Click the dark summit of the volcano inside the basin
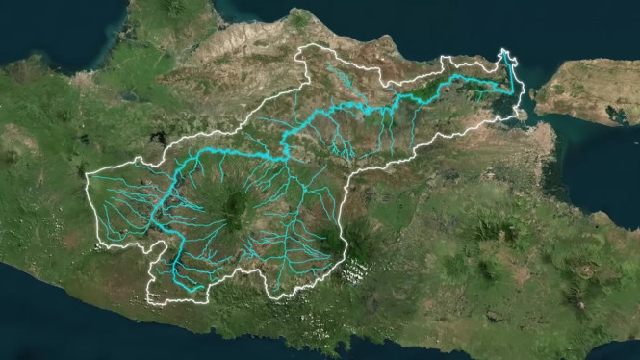[234, 203]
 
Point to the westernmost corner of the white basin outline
[88, 176]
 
